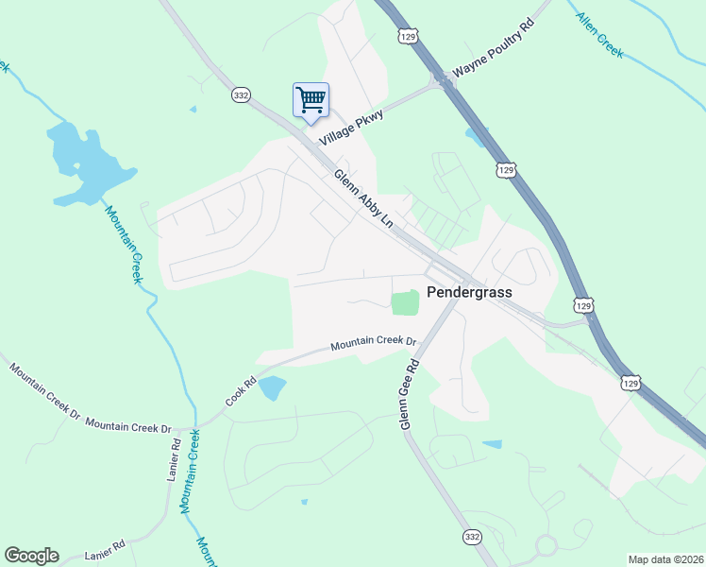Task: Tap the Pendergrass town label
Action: (x=469, y=292)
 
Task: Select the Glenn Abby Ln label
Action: (x=362, y=198)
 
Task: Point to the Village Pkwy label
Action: (x=352, y=127)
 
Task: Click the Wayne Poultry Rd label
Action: (x=494, y=59)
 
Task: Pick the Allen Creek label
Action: (x=599, y=37)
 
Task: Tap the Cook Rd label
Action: (x=241, y=394)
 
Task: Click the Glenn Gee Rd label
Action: (x=409, y=394)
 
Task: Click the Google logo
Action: (x=31, y=556)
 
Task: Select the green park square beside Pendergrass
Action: (x=405, y=302)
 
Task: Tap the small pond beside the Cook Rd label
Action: (x=272, y=387)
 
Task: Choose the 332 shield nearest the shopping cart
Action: (x=240, y=95)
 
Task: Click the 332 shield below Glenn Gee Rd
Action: (x=472, y=536)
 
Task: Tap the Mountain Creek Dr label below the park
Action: (x=373, y=345)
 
